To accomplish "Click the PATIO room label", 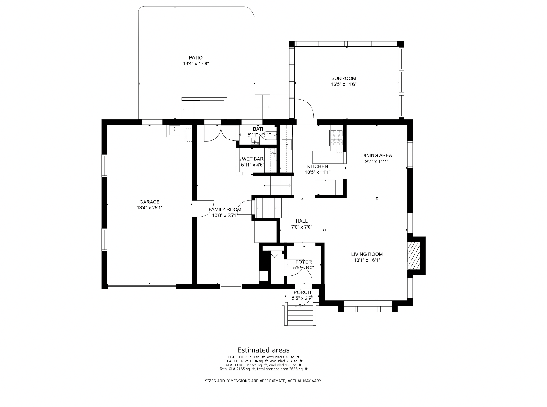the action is (x=196, y=58).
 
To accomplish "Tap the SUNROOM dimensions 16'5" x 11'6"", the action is (x=344, y=84).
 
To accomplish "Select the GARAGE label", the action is (x=150, y=202).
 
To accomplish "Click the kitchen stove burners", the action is (x=336, y=138).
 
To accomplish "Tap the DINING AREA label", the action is (x=376, y=155).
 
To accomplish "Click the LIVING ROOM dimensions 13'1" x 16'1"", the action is (x=367, y=260).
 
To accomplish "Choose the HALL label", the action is (x=302, y=221).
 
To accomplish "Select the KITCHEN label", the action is (x=317, y=166).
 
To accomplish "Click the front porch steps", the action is (x=300, y=316).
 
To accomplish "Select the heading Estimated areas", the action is (x=264, y=350).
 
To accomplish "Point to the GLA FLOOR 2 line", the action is (x=264, y=361).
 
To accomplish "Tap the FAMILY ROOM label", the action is (x=225, y=210).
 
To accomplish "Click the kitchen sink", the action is (x=286, y=145).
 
